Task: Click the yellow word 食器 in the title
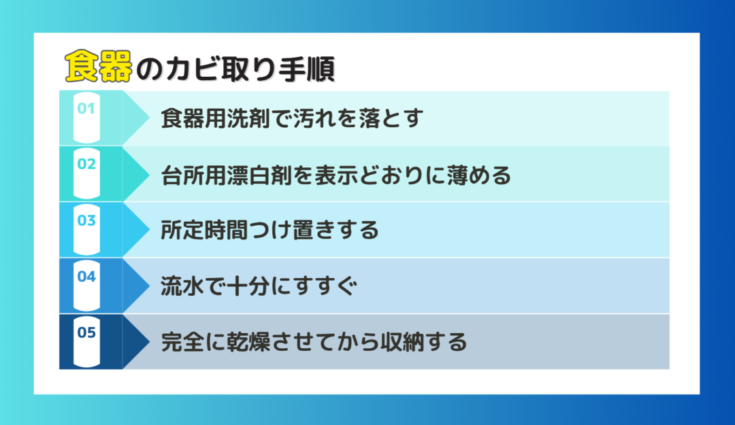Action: [99, 66]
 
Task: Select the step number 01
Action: [86, 109]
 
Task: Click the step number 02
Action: [86, 164]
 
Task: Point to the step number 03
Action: [86, 220]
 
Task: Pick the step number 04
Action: [86, 277]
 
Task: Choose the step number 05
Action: [86, 333]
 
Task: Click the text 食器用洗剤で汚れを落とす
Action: [292, 118]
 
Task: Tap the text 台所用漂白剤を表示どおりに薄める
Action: [336, 175]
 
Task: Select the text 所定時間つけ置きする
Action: [269, 230]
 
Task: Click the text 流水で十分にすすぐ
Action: [259, 286]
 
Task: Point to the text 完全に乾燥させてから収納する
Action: [314, 341]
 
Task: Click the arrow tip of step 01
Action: [149, 118]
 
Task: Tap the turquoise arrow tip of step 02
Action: [149, 174]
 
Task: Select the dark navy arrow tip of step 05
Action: [149, 341]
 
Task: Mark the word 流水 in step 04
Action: [183, 286]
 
